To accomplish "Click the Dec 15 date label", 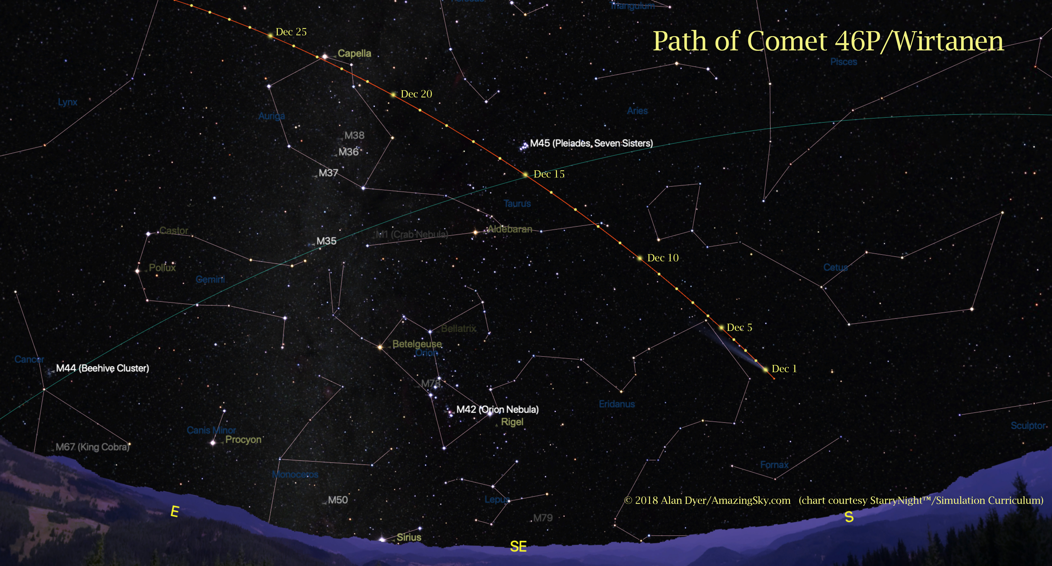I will point(549,174).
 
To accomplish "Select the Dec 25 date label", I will point(291,32).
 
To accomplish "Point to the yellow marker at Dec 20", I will point(393,94).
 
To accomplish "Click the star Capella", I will point(325,56).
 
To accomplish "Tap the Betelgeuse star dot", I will point(380,347).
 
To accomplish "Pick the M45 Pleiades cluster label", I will point(591,143).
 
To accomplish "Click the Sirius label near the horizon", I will point(409,537).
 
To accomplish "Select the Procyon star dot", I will point(213,442).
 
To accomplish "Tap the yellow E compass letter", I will point(174,511).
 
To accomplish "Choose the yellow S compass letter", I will point(849,517).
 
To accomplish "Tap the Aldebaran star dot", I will point(475,232).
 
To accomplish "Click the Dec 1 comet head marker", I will point(765,369).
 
